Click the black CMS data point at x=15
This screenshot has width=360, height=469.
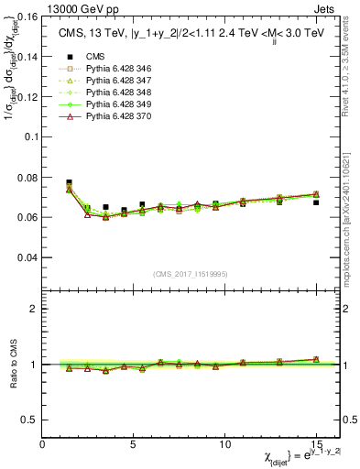[x=316, y=202]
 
